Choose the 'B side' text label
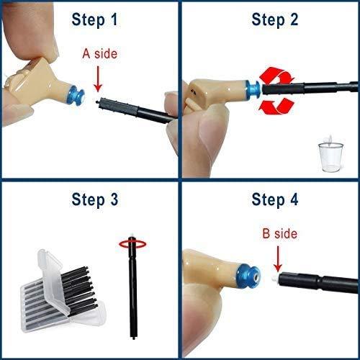279,234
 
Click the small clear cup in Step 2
328,153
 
